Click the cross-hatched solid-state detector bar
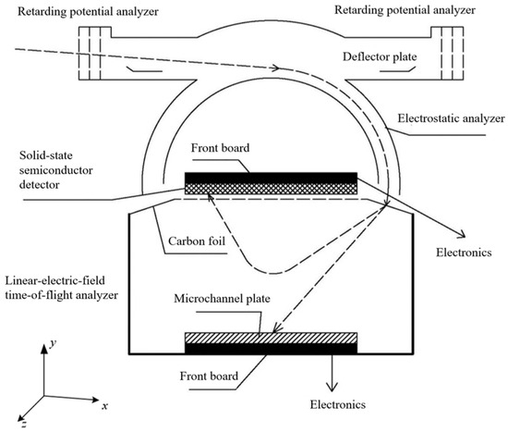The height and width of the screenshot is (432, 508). coord(271,188)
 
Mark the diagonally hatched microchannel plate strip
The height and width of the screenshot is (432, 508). coord(271,339)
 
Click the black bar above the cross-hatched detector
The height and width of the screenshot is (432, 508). coord(271,177)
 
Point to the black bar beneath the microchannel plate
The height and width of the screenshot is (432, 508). coord(271,349)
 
